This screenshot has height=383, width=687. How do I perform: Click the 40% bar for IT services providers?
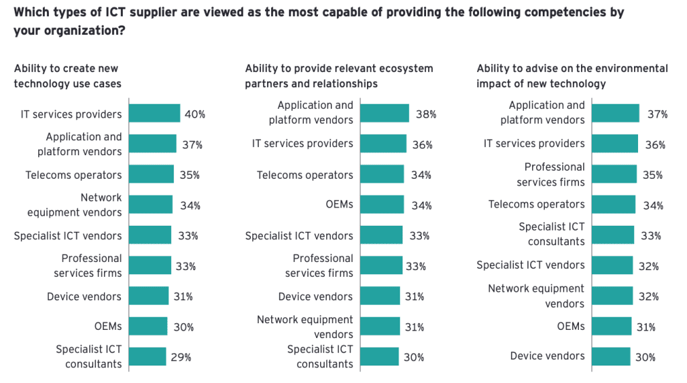[x=154, y=114]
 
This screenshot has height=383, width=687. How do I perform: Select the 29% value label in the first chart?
[x=181, y=357]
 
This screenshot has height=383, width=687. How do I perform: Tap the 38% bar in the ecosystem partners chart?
[x=384, y=114]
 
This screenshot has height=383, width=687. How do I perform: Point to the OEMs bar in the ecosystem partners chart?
[x=382, y=204]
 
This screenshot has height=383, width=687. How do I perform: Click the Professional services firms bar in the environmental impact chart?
[x=614, y=174]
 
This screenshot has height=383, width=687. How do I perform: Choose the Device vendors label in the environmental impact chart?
[x=547, y=356]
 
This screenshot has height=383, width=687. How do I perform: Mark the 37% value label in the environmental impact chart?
[x=657, y=114]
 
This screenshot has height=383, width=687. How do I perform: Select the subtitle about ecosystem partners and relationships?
[x=339, y=76]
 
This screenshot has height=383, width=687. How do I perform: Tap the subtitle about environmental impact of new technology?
[x=572, y=76]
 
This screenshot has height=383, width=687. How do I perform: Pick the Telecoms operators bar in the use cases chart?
[x=151, y=175]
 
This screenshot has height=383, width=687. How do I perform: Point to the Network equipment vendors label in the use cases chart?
[x=74, y=205]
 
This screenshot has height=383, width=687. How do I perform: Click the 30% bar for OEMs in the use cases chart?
[x=148, y=327]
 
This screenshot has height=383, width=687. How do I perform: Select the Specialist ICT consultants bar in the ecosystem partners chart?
[x=379, y=357]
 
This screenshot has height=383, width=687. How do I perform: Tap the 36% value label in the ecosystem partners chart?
[x=423, y=144]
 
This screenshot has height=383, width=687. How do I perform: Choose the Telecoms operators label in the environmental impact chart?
[x=537, y=204]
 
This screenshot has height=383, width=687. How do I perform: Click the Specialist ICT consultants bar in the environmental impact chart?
[x=613, y=235]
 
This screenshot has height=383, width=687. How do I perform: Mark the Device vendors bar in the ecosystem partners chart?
[x=380, y=296]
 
